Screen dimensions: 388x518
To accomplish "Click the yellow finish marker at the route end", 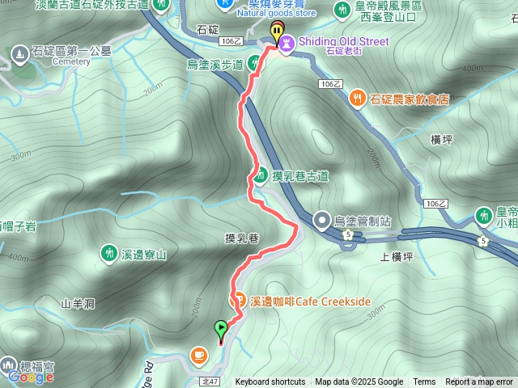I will coord(278,34).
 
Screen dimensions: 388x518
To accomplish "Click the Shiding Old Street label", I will coord(345,41).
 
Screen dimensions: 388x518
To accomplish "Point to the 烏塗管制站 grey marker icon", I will coord(323,220).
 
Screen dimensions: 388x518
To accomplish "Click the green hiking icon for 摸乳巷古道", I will coord(261,174).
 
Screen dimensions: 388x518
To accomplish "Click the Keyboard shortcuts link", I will coord(270,382).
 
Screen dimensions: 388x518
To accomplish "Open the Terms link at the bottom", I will coord(424,382).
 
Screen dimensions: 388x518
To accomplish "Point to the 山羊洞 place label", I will coord(78,303).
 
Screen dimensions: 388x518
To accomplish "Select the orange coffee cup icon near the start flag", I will coord(199,354).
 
